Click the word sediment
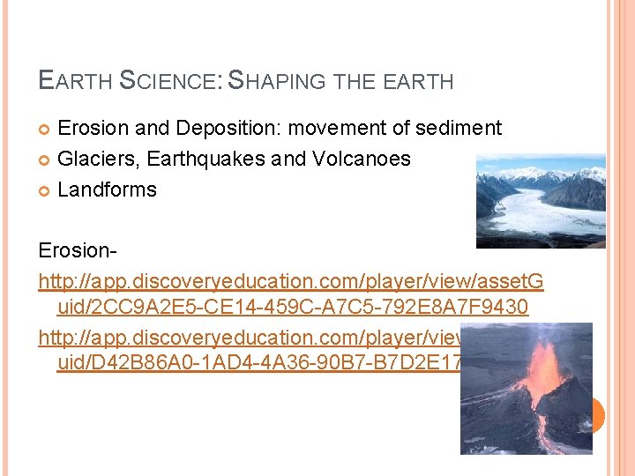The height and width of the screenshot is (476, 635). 458,129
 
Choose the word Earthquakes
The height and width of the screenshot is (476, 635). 207,160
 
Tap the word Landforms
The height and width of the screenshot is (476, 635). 107,190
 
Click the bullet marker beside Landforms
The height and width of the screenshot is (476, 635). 45,190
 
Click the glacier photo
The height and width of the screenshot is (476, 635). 541,201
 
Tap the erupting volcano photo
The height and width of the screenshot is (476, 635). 526,388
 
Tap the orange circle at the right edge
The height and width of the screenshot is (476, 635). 599,414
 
